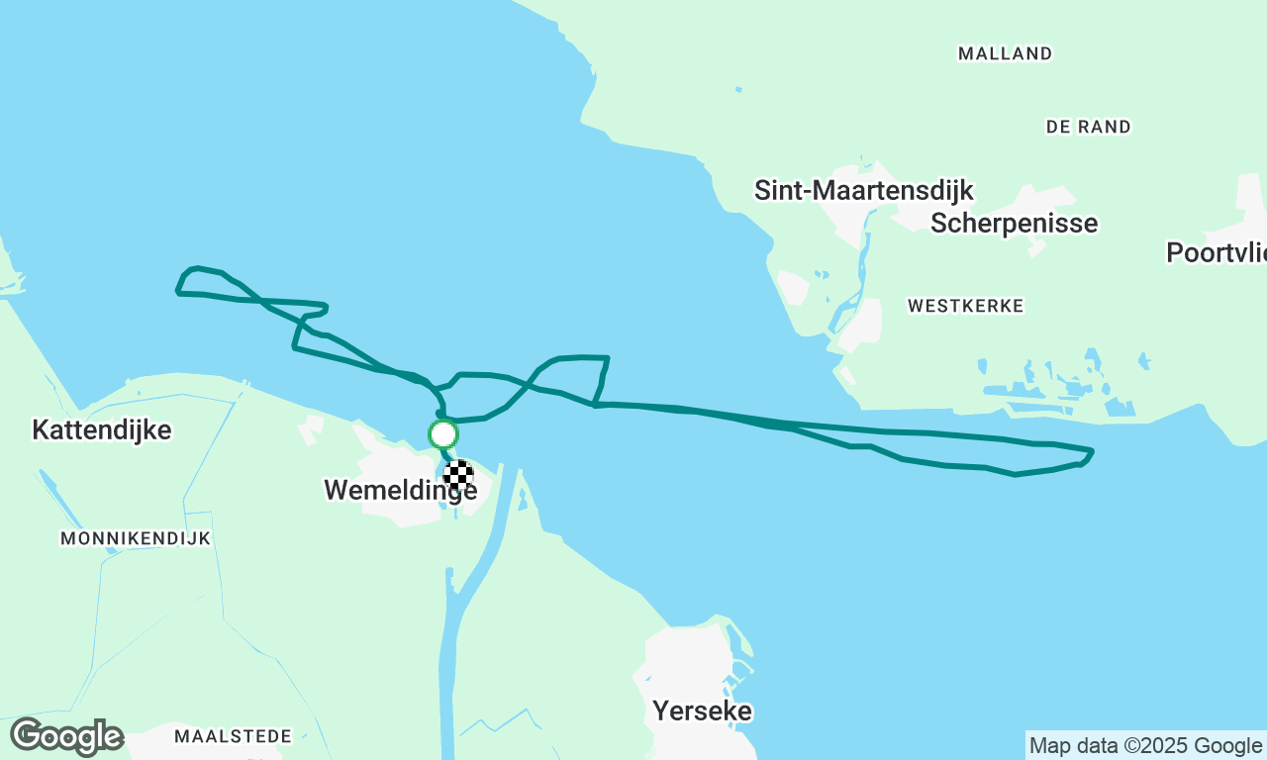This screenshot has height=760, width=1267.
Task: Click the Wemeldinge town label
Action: [400, 491]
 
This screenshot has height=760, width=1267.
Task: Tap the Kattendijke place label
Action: [102, 430]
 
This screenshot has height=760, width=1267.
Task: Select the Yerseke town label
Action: [702, 712]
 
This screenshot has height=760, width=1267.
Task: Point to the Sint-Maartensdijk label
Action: [863, 191]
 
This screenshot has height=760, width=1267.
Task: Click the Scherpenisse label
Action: [1014, 224]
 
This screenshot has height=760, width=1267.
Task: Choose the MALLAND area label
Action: [1005, 54]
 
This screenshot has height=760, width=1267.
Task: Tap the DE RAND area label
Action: [1088, 128]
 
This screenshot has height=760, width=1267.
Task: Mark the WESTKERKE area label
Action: [965, 307]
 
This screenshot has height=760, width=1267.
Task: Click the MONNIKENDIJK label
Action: [136, 539]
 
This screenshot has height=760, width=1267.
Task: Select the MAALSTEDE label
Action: [233, 736]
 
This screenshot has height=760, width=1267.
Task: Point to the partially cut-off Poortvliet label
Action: [1216, 253]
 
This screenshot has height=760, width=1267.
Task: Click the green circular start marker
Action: [442, 434]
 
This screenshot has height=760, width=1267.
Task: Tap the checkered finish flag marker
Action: [457, 474]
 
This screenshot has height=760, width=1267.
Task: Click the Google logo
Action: [66, 737]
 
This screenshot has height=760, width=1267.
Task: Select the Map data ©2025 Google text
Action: [1145, 745]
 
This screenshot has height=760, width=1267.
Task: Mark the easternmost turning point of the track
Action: [1091, 452]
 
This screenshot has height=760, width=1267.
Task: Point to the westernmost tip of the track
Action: [177, 292]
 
